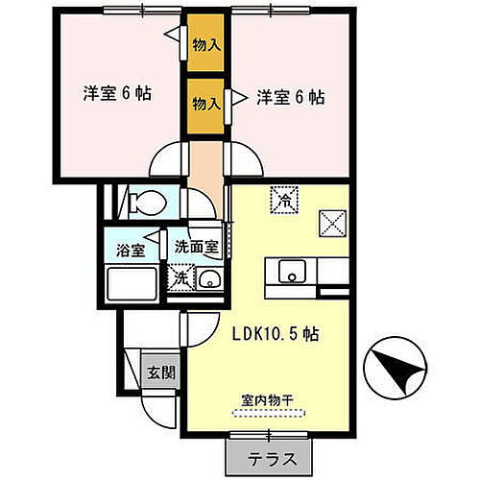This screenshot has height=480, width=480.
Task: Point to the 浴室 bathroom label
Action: [132, 251]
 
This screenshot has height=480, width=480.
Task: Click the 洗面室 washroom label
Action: [196, 246]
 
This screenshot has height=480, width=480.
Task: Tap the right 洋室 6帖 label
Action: [289, 96]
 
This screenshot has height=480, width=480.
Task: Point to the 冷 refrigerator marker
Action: [285, 199]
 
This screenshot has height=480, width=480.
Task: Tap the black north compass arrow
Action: [396, 370]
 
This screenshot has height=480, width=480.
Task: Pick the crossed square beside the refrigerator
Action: [333, 223]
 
